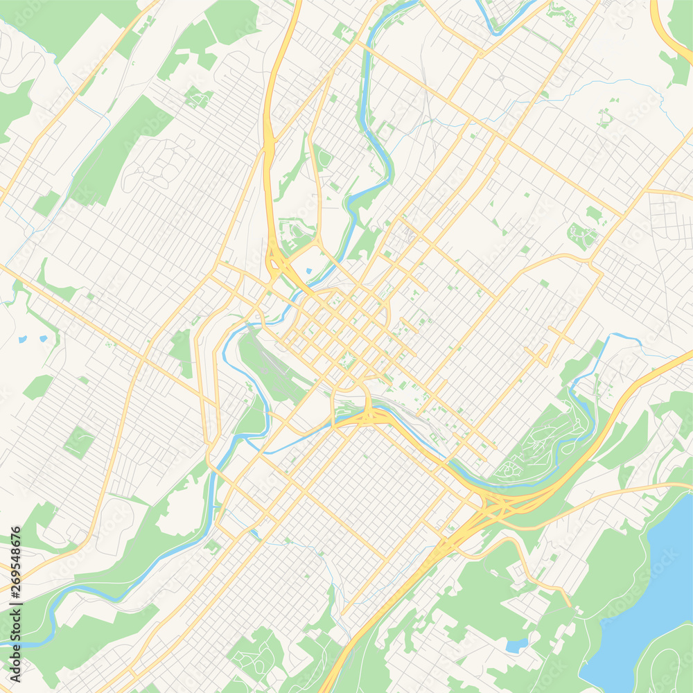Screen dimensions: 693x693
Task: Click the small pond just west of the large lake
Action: point(516,646)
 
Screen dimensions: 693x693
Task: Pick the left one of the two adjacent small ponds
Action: point(23,340)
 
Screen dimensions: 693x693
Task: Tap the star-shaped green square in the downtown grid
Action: point(347,360)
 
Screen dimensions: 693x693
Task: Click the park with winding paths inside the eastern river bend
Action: point(547,444)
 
